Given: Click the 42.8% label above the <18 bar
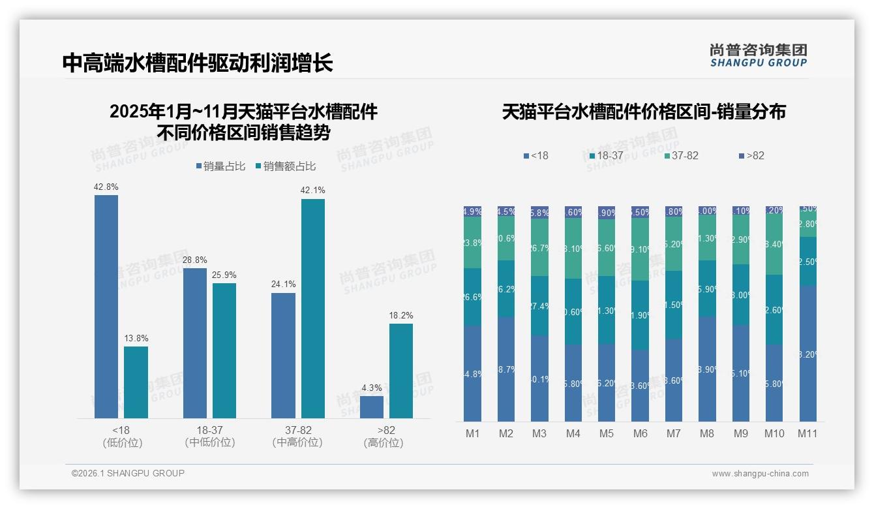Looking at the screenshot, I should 106,187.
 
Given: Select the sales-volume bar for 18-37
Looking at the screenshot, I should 195,343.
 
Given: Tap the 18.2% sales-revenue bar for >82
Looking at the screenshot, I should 401,371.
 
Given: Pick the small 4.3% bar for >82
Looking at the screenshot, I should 372,407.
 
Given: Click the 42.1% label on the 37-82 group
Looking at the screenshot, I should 313,191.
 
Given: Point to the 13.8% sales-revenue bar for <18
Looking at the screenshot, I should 136,382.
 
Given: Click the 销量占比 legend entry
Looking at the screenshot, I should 221,166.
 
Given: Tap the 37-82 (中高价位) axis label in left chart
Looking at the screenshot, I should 297,437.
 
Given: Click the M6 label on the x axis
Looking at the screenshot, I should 640,434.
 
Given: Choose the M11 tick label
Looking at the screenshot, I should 807,434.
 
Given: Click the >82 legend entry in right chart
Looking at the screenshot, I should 752,156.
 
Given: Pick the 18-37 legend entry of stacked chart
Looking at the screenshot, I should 606,156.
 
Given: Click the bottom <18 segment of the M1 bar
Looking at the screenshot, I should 473,374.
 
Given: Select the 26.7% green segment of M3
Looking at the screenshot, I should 539,247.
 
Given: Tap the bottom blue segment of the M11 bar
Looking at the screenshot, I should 808,353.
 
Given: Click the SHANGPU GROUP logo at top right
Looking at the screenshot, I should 759,55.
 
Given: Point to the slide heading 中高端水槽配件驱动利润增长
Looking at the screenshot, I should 198,63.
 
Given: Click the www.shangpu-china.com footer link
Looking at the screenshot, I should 760,474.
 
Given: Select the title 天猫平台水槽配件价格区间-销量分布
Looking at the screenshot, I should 644,112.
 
